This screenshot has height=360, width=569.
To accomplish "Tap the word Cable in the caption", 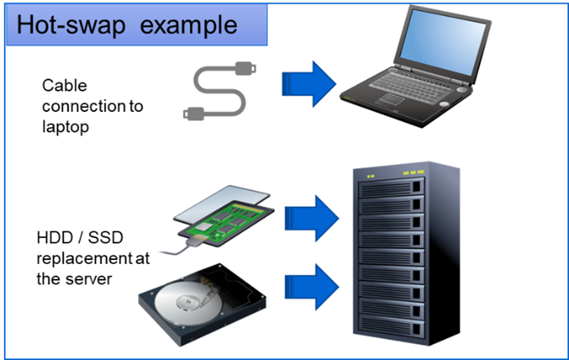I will [64, 85].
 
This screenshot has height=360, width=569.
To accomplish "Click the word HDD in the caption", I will [52, 238].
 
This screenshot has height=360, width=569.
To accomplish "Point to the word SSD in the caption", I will [100, 238].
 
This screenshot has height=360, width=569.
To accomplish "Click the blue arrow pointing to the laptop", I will [310, 82].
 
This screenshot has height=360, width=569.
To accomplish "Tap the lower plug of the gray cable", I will [193, 111].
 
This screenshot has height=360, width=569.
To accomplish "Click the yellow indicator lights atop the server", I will [409, 173].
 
